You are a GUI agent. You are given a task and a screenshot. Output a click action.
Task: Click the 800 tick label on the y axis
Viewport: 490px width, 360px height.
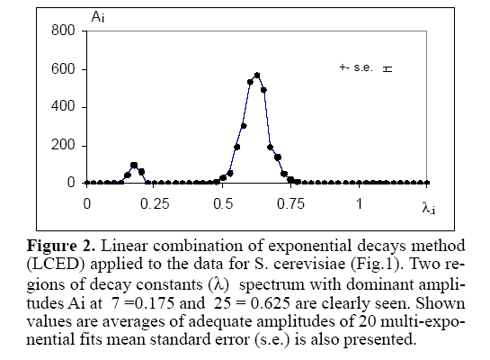pyautogui.click(x=63, y=31)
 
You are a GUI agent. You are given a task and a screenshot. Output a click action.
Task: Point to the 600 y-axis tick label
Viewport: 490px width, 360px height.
pyautogui.click(x=63, y=68)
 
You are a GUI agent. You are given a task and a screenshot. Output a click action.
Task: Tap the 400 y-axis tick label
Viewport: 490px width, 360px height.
pyautogui.click(x=63, y=106)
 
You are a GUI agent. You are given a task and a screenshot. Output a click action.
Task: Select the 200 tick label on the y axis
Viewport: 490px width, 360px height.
pyautogui.click(x=63, y=145)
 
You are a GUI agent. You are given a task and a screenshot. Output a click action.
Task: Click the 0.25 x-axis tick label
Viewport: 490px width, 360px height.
pyautogui.click(x=155, y=204)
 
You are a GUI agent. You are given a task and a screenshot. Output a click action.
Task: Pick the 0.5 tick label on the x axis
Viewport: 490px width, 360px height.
pyautogui.click(x=223, y=204)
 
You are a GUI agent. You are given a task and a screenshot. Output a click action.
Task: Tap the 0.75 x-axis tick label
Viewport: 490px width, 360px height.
pyautogui.click(x=290, y=204)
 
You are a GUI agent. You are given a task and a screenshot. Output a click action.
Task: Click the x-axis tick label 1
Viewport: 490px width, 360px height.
pyautogui.click(x=360, y=204)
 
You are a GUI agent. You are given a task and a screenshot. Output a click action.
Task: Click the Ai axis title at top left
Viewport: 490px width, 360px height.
pyautogui.click(x=98, y=16)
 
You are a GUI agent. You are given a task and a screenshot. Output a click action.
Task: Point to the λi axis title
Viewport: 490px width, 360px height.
pyautogui.click(x=429, y=208)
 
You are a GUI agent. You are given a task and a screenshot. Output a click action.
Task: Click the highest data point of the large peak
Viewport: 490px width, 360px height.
pyautogui.click(x=257, y=76)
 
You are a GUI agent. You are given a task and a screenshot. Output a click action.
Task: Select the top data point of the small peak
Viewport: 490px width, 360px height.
pyautogui.click(x=134, y=165)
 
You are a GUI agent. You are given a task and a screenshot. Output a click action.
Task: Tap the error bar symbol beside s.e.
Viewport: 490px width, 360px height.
pyautogui.click(x=388, y=68)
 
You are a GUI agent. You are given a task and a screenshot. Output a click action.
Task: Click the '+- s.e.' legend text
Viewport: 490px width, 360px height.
pyautogui.click(x=356, y=67)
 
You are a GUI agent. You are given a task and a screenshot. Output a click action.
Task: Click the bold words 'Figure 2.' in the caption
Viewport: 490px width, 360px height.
pyautogui.click(x=60, y=246)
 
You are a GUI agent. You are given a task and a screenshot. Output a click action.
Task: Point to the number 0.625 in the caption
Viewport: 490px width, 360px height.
pyautogui.click(x=271, y=303)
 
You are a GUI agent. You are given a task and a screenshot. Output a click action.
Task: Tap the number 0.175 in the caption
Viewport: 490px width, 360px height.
pyautogui.click(x=155, y=303)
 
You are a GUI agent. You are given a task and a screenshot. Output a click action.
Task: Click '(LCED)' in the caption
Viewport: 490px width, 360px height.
pyautogui.click(x=56, y=265)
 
